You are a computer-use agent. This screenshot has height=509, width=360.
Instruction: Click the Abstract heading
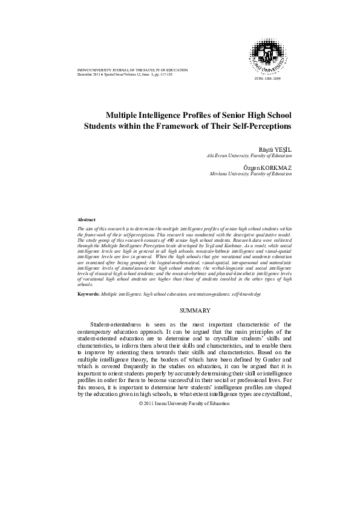pyautogui.click(x=88, y=219)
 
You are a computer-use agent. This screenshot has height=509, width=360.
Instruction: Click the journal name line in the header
pyautogui.click(x=127, y=71)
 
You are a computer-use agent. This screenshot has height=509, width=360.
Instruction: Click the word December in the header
pyautogui.click(x=88, y=75)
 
